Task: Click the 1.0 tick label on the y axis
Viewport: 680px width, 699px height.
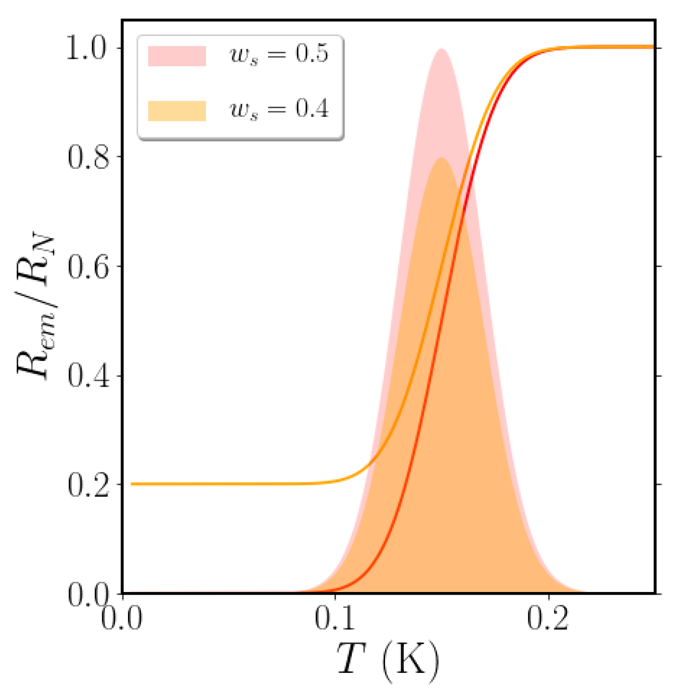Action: (87, 49)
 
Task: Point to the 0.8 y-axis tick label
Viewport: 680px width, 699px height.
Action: (87, 157)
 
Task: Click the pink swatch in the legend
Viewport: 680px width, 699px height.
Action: (177, 56)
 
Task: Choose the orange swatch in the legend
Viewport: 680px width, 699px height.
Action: (177, 111)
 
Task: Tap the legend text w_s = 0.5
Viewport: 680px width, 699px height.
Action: (279, 54)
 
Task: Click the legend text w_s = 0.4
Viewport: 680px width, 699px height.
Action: (279, 109)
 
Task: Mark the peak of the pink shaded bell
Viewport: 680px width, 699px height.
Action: (441, 50)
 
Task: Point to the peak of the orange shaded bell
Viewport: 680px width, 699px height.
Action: (441, 159)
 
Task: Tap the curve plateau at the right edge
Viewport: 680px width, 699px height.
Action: (648, 47)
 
